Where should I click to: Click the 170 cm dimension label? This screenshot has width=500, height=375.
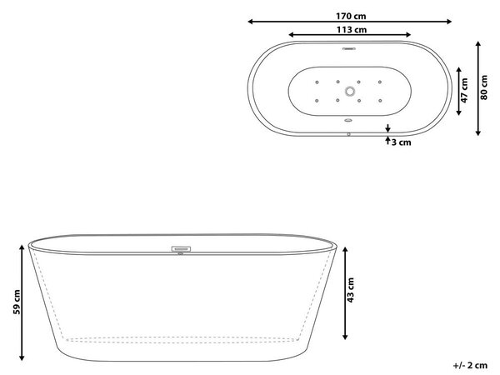351,16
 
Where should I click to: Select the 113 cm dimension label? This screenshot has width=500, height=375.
352,30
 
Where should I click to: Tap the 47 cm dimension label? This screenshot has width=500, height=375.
464,91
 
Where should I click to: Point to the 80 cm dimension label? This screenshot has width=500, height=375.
483,87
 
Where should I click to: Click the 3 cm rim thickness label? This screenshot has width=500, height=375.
401,142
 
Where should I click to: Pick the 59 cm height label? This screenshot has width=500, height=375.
17,302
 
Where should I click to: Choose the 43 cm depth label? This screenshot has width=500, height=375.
350,290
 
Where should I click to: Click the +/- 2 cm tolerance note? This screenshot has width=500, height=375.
470,365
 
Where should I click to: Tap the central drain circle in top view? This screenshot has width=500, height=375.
350,92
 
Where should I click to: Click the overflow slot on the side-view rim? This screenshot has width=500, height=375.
181,248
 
